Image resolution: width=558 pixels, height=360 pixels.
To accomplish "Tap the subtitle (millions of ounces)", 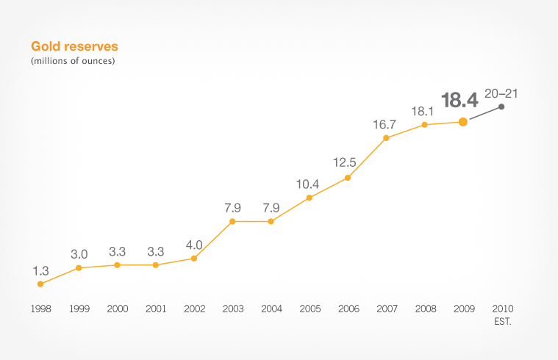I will (x=72, y=61).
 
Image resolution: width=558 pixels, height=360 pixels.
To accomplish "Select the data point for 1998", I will (x=40, y=284).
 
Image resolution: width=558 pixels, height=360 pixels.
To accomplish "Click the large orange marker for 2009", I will (x=463, y=122).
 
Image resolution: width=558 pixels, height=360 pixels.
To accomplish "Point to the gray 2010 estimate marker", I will (x=501, y=107).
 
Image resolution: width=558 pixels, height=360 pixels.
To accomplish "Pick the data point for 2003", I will (x=232, y=221).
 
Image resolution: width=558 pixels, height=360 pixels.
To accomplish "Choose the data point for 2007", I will (x=386, y=137).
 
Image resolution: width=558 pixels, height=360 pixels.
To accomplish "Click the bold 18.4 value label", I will (x=459, y=101).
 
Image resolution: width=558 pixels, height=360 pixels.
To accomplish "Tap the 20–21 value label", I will (x=501, y=93).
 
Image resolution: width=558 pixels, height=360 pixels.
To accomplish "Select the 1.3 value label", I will (x=40, y=270).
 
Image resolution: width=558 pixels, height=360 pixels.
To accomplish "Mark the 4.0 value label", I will (x=194, y=244).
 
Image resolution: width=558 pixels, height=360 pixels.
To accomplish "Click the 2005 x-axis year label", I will (x=310, y=309).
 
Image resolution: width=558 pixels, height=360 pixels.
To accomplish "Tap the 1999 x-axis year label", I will (x=79, y=309).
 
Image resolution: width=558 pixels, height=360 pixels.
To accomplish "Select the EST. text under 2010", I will (x=501, y=320).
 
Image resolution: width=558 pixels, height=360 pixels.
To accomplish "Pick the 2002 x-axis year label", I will (x=194, y=309).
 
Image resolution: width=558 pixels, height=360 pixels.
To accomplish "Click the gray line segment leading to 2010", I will (x=483, y=114).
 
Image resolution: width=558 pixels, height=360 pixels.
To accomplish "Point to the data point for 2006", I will (x=348, y=177).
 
